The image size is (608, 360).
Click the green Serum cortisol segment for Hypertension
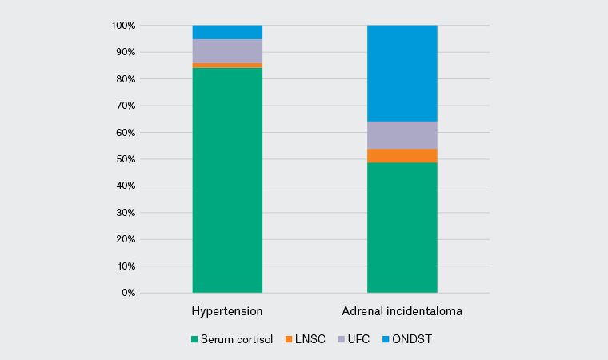point(227,180)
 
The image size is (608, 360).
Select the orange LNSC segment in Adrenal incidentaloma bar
point(402,155)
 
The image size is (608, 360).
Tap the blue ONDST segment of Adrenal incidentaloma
point(402,73)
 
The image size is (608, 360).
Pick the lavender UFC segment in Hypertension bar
point(227,50)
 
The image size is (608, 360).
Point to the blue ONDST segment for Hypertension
point(227,32)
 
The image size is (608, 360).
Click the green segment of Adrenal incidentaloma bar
point(402,227)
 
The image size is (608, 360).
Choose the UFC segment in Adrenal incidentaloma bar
point(402,134)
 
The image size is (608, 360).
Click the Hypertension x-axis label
point(227,310)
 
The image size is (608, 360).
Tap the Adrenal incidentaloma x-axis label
point(402,310)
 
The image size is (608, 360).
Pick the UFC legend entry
point(355,339)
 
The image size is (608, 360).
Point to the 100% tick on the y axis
point(124,26)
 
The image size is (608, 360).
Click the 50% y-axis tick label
point(126,159)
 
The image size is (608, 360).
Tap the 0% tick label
point(129,293)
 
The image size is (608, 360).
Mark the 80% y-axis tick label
point(126,79)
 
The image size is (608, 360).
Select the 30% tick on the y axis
point(126,213)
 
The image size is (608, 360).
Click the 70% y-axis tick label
point(126,106)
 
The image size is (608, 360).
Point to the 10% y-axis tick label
point(126,266)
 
